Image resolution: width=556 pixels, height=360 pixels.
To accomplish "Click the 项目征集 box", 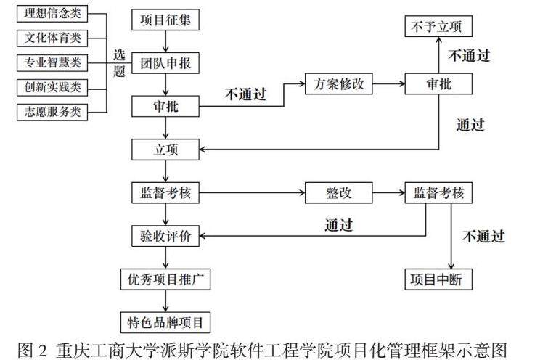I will (x=165, y=20).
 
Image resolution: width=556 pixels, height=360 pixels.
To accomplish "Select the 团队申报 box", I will (x=165, y=63).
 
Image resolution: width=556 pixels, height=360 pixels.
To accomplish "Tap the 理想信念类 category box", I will (x=52, y=14).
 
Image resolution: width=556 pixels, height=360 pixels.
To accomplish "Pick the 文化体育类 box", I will (x=52, y=38).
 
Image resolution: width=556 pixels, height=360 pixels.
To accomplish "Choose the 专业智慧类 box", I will (x=52, y=62).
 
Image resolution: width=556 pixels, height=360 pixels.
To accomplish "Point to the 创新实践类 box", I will (x=52, y=87).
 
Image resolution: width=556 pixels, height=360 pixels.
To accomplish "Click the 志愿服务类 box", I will (x=52, y=112).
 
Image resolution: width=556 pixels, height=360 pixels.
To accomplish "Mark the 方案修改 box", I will (x=338, y=83).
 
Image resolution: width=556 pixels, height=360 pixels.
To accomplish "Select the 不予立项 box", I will (x=438, y=27).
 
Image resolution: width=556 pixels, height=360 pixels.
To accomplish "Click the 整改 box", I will (x=338, y=193).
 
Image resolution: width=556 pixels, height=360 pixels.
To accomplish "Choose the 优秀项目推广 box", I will (x=165, y=279).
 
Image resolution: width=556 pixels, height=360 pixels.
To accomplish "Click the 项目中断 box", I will (x=438, y=279).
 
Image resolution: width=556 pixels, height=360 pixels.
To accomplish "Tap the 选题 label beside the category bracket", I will (x=119, y=62).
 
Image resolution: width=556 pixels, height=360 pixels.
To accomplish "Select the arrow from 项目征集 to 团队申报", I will (x=166, y=41).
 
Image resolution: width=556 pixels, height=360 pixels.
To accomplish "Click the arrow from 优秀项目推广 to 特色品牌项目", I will (x=166, y=300).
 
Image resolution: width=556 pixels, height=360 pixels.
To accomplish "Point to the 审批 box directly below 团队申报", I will (x=165, y=106).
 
